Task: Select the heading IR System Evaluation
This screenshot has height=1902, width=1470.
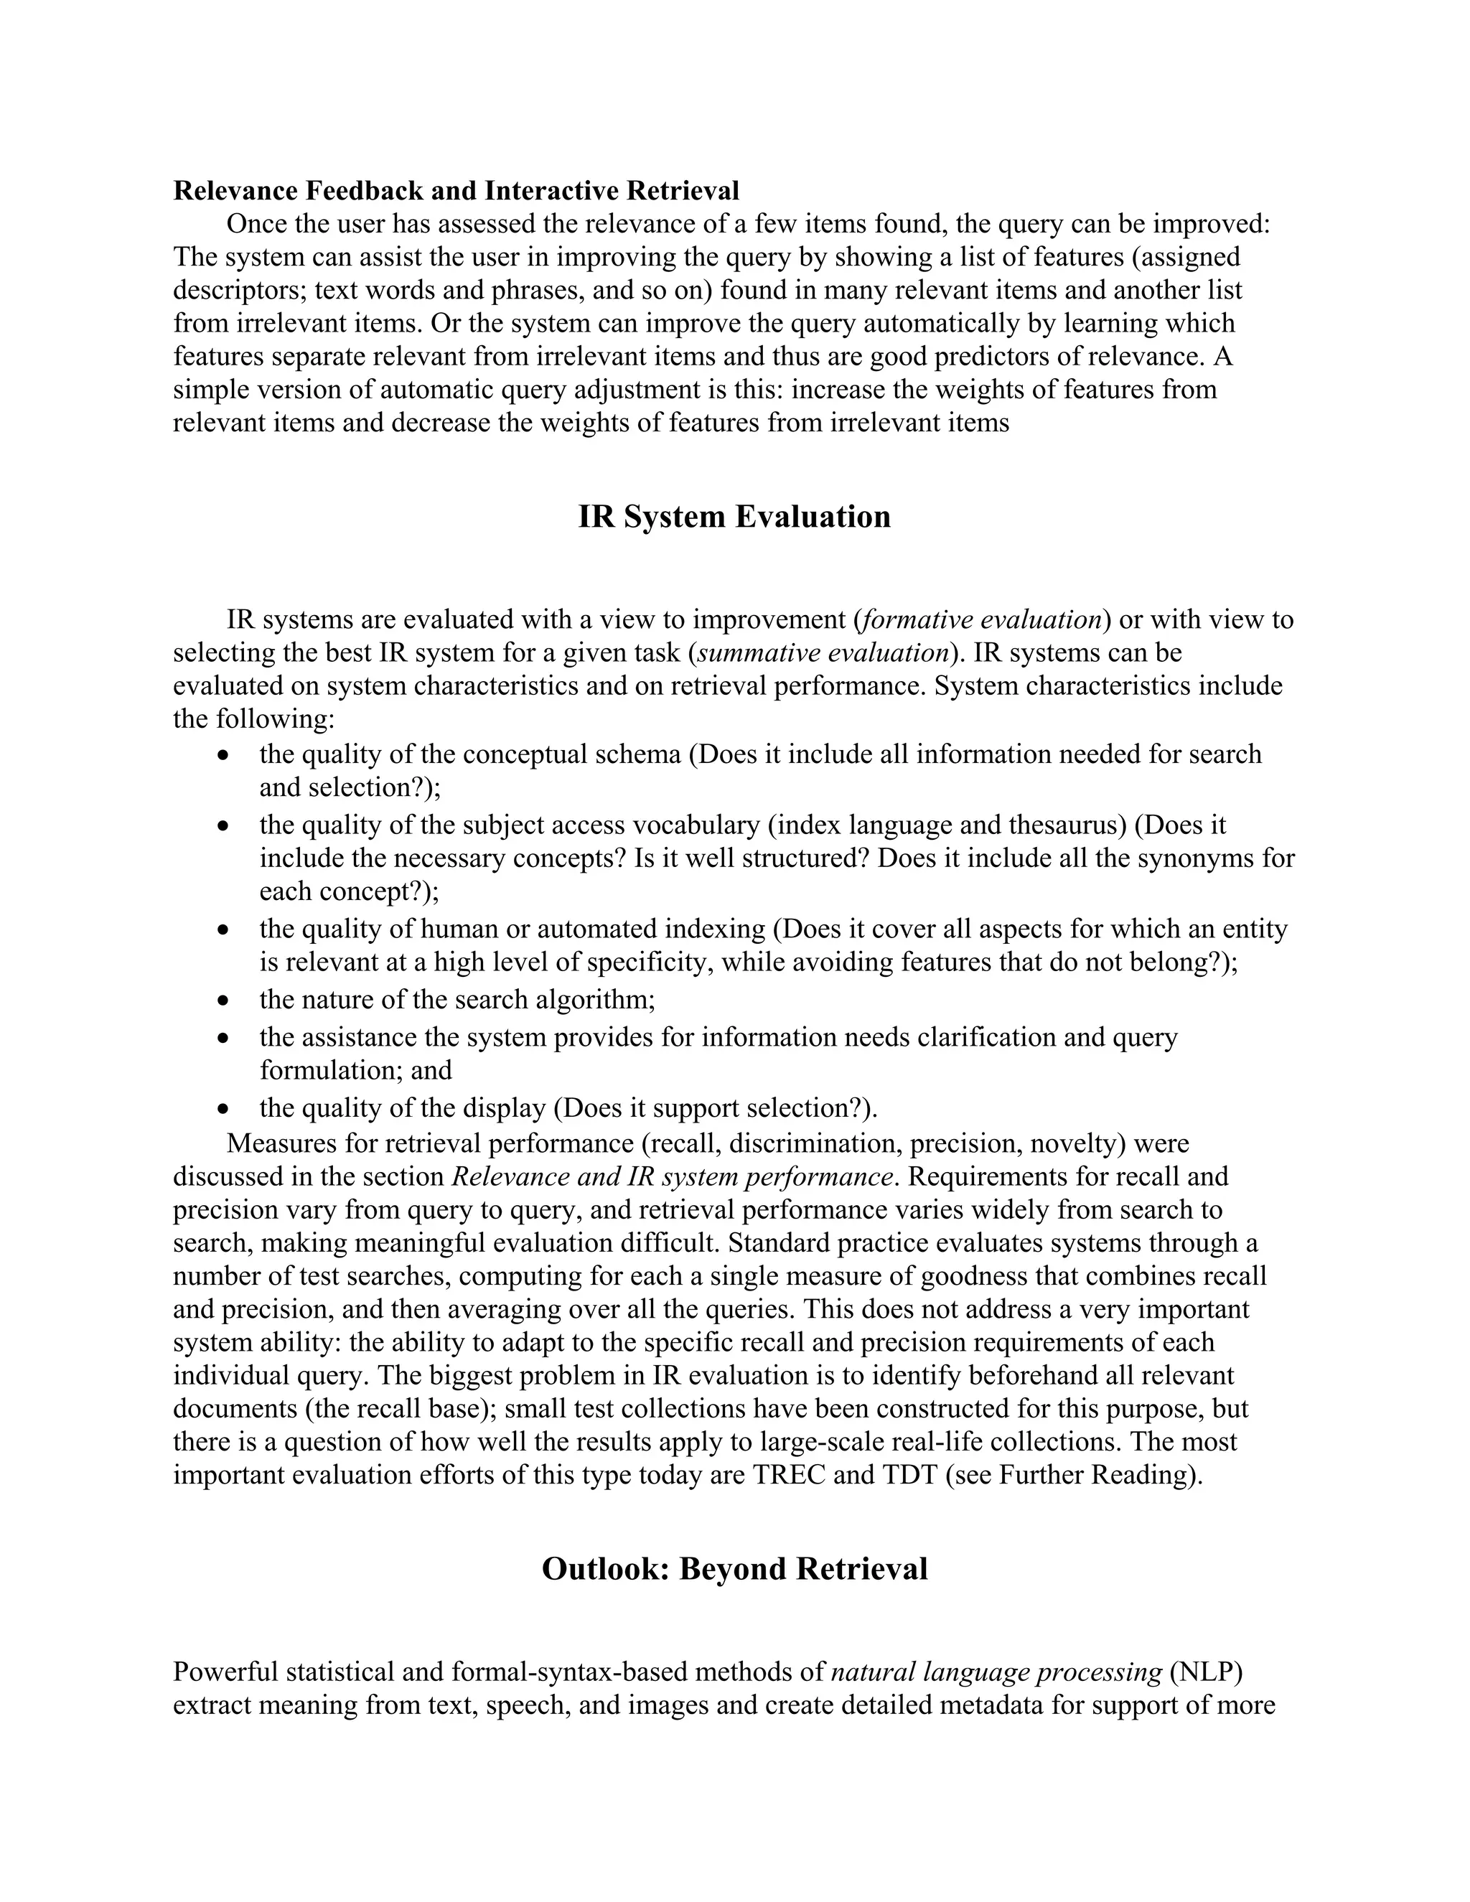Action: click(734, 517)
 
